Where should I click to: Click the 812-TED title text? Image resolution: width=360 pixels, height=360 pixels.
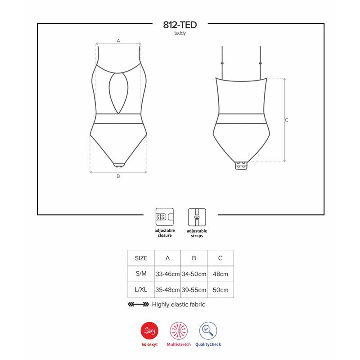(x=180, y=25)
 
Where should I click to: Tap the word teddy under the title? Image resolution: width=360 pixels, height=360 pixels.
(x=180, y=34)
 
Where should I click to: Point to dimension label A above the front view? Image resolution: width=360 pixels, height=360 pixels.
(x=118, y=40)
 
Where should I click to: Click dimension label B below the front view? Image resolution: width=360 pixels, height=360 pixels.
(x=118, y=176)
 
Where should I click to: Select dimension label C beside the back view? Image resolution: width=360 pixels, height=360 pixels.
(x=286, y=120)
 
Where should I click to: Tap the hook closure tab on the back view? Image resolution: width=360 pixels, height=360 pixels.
(x=242, y=166)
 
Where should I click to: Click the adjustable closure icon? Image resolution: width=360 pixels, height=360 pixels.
(x=164, y=217)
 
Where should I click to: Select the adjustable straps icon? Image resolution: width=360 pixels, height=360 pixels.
(x=197, y=217)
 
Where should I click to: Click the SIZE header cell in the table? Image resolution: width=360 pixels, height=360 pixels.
(x=141, y=258)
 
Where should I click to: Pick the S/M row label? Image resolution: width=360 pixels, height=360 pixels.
(x=141, y=274)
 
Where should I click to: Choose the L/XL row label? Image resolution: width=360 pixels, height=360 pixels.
(x=141, y=290)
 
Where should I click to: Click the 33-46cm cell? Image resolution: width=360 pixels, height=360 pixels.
(x=167, y=274)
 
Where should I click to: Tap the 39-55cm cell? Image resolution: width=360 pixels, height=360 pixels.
(x=193, y=290)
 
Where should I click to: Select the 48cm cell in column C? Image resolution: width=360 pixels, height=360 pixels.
(x=220, y=274)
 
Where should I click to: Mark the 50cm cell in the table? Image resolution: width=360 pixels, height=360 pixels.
(x=220, y=290)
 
